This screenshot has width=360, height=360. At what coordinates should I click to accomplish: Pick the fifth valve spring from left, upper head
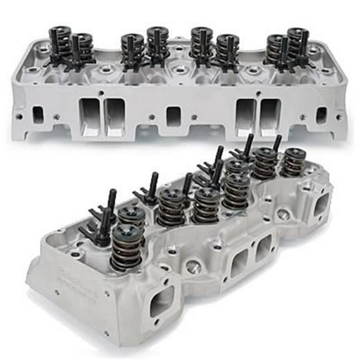click(x=202, y=44)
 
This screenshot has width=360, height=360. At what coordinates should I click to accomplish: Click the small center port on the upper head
click(x=173, y=117)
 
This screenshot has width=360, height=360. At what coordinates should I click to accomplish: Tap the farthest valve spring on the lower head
click(x=292, y=162)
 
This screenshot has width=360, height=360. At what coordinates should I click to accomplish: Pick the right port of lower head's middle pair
click(x=263, y=247)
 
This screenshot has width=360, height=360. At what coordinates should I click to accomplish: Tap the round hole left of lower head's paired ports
click(x=193, y=267)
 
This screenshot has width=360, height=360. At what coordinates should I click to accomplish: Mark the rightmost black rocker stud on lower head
click(x=276, y=143)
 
